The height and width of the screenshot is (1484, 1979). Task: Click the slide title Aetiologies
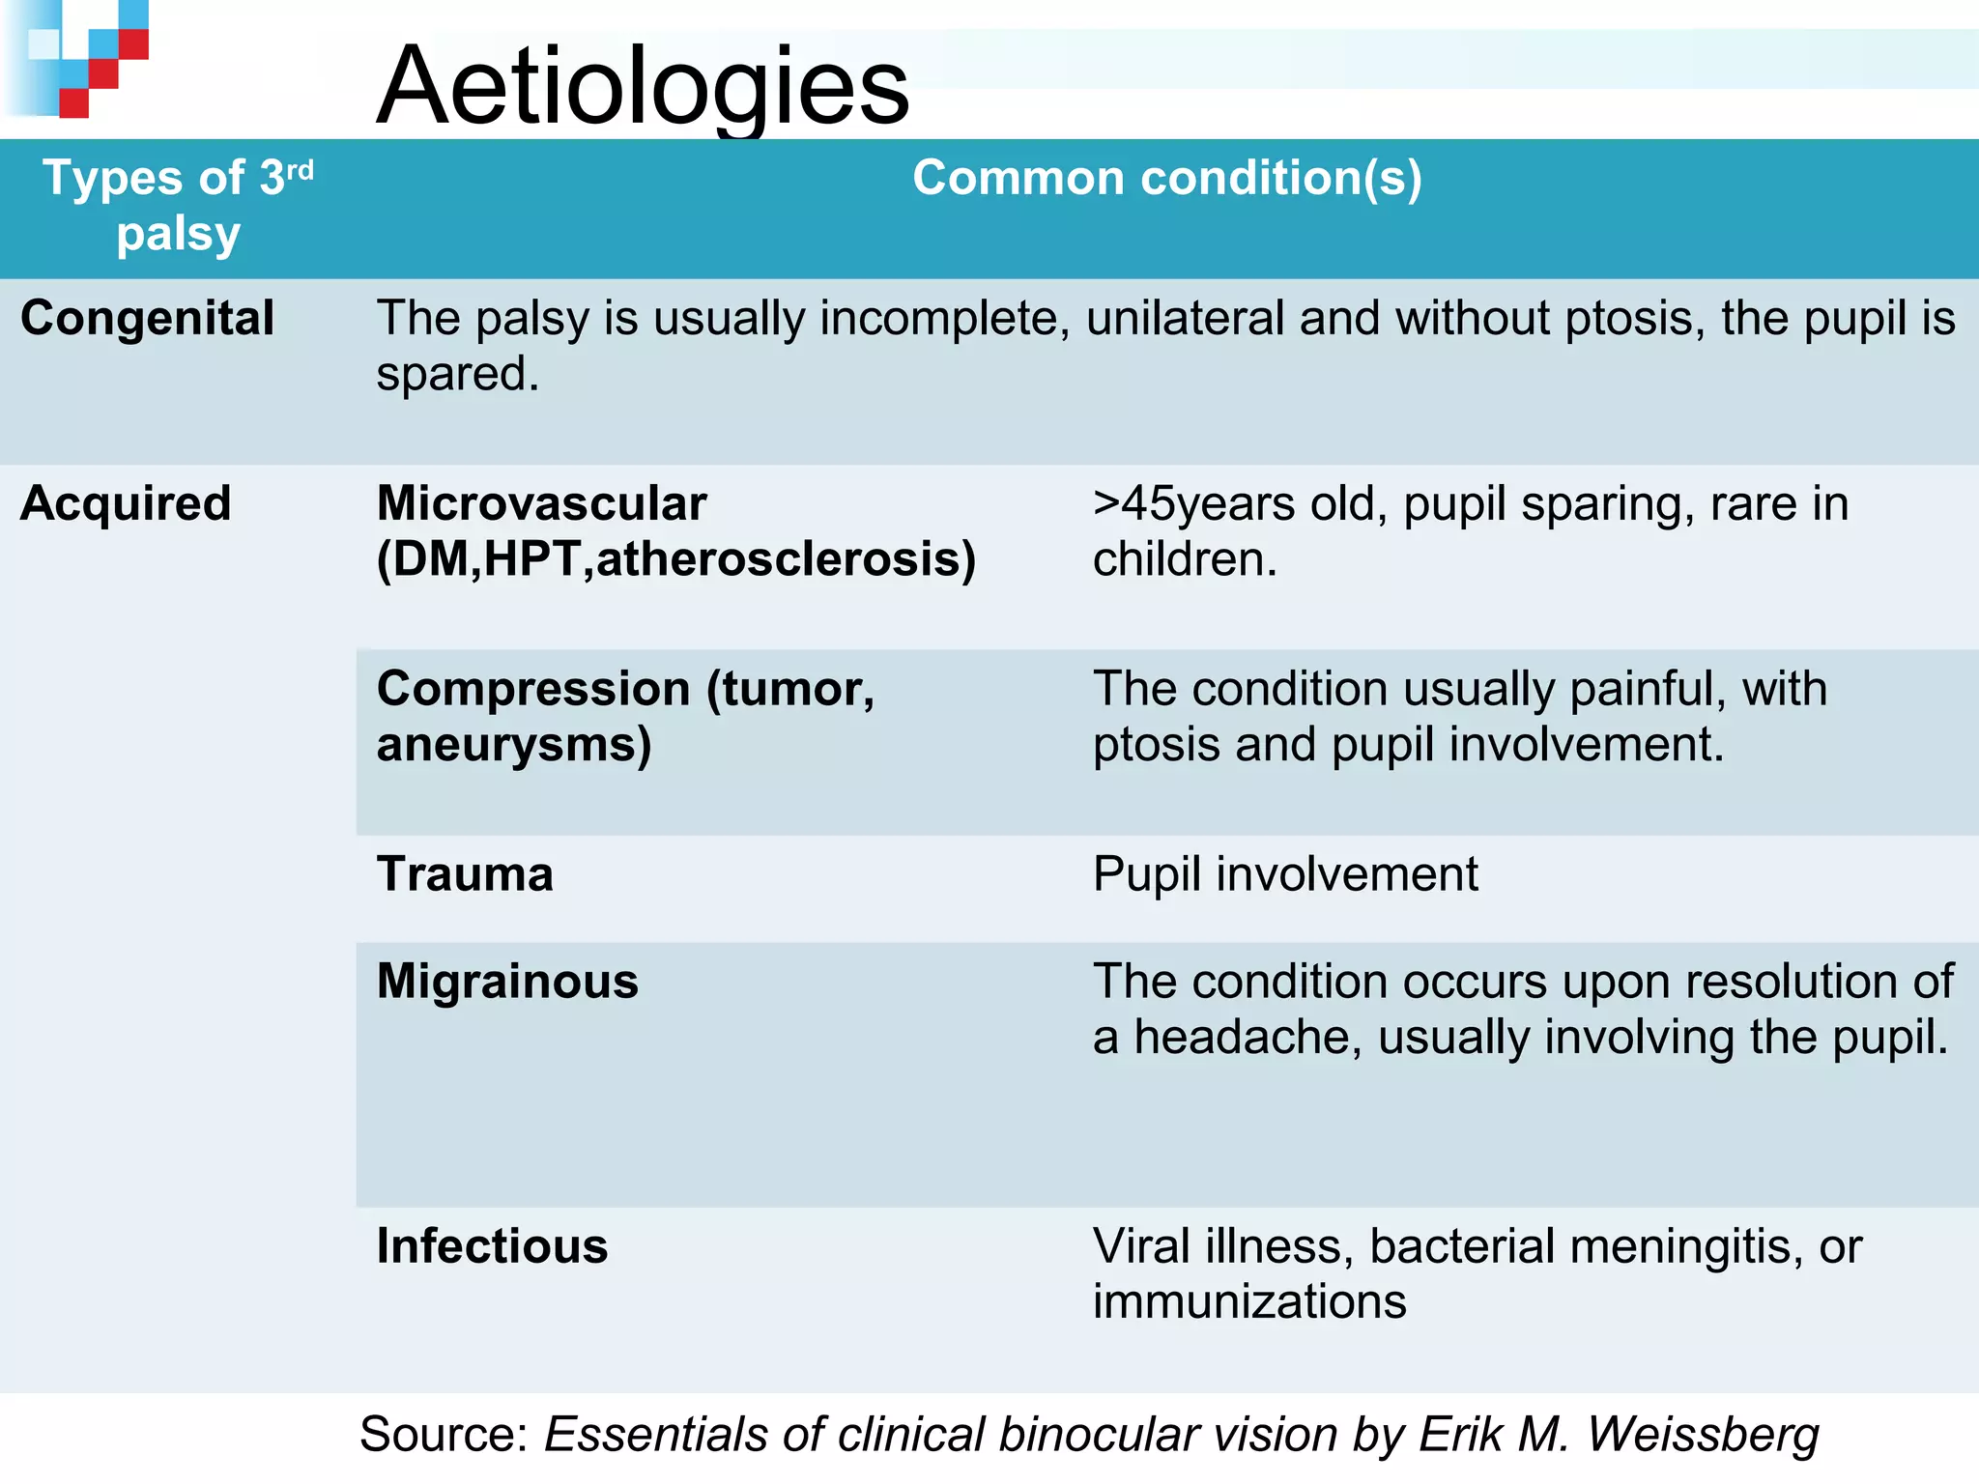(x=643, y=87)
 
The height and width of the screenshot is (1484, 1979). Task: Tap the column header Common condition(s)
(x=1166, y=179)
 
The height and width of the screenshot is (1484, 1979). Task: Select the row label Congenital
(x=148, y=319)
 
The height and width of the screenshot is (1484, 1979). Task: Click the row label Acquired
(x=126, y=504)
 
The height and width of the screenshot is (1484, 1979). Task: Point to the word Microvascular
(x=542, y=504)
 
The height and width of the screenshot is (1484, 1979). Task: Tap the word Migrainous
(x=507, y=983)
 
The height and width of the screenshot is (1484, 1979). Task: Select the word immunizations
(x=1249, y=1302)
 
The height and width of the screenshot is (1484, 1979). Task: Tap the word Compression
(x=533, y=690)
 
